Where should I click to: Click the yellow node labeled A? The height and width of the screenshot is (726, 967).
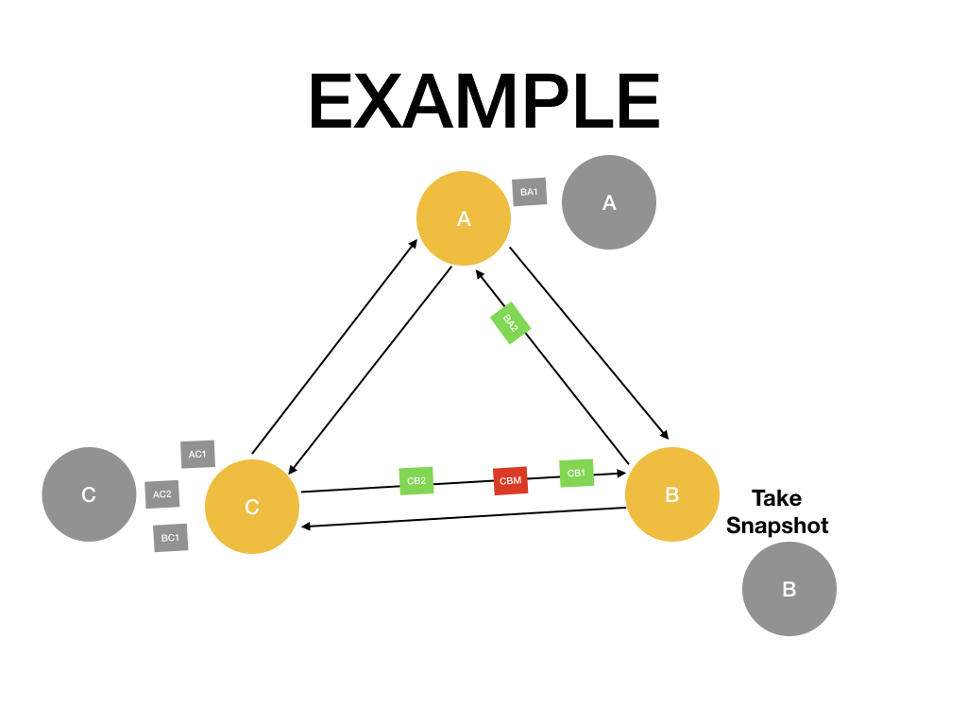point(464,218)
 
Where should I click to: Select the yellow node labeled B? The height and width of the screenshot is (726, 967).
point(672,494)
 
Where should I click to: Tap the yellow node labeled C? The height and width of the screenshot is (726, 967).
point(252,507)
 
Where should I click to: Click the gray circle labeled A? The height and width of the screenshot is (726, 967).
point(609,202)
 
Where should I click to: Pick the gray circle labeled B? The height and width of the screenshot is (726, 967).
point(789,589)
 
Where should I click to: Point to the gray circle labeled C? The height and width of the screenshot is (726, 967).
point(89,494)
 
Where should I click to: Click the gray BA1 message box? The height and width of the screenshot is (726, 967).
point(529,192)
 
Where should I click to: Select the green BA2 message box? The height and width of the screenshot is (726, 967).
point(511,323)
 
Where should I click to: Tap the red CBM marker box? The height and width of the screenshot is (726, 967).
point(509,480)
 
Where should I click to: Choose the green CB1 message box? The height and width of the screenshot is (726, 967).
point(576,473)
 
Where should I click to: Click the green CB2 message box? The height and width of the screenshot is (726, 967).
point(416,480)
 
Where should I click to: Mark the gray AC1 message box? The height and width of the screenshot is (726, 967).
point(197,454)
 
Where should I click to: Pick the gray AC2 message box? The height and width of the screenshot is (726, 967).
point(162,493)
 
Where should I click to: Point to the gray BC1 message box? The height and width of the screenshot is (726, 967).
point(170,538)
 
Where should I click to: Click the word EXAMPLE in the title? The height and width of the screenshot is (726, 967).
point(483,102)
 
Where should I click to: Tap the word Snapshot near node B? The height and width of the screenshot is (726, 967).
point(777,526)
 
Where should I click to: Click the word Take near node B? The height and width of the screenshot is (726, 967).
point(776,498)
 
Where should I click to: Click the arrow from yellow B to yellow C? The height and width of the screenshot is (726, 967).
point(463,518)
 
